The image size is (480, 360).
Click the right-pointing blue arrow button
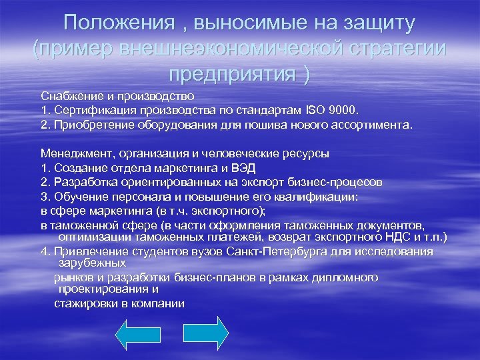(206, 333)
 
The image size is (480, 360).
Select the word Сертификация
(88, 109)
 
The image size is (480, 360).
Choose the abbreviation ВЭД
(247, 167)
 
